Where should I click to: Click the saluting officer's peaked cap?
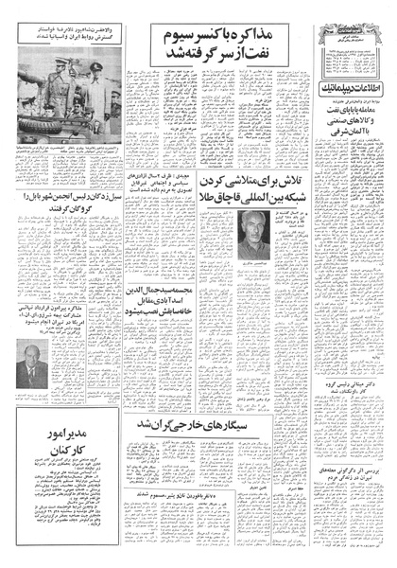[x=95, y=68]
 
